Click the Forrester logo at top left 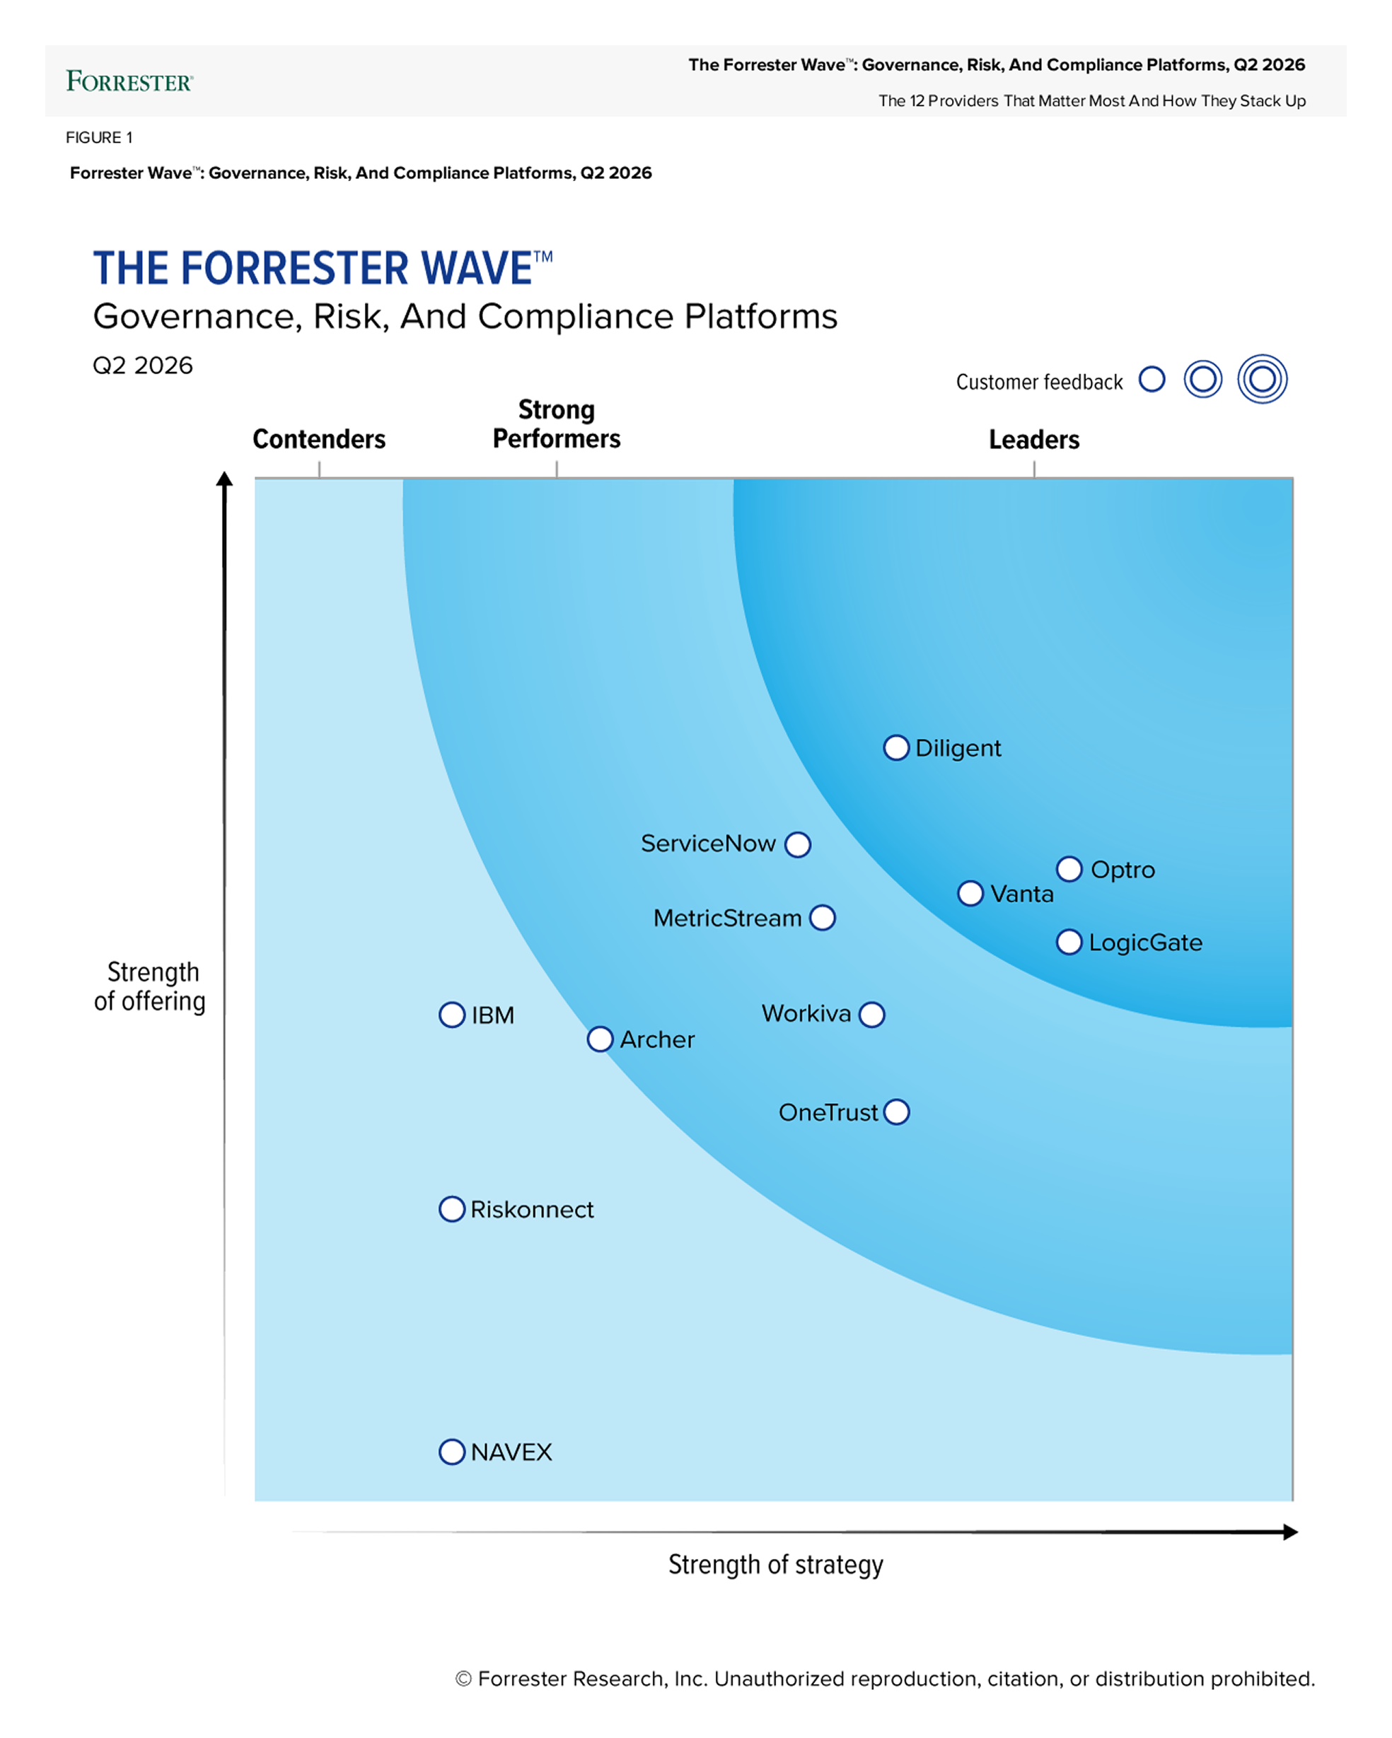tap(130, 81)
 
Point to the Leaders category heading tap(1034, 439)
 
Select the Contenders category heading tap(320, 438)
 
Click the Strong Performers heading tap(557, 424)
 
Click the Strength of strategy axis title tap(776, 1565)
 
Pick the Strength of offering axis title tap(150, 986)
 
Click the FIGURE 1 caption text tap(99, 138)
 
